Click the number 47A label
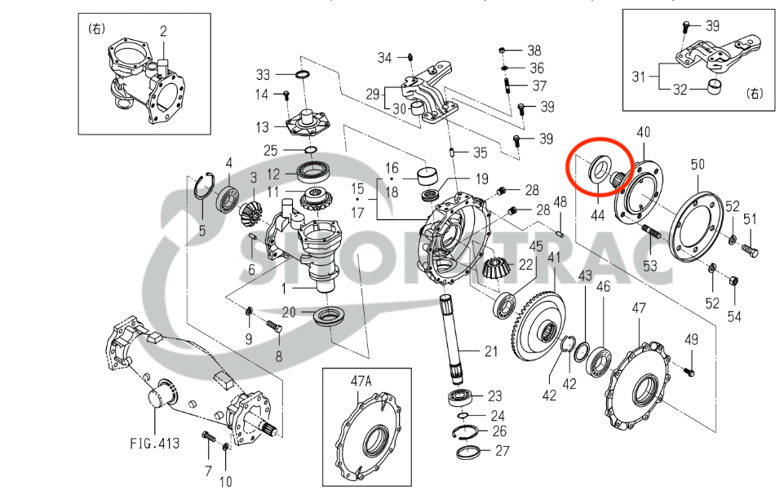pos(361,380)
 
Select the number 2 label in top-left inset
pos(163,32)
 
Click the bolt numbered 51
pos(751,251)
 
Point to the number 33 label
pos(263,74)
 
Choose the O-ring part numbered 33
pos(302,75)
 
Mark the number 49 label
pos(691,339)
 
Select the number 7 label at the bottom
pos(207,470)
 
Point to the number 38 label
pos(534,50)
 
